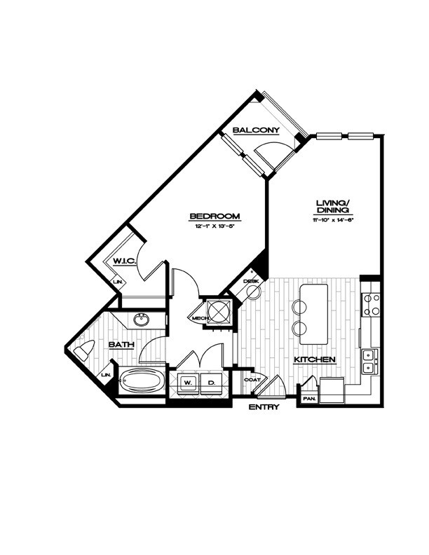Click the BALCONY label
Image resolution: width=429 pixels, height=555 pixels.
257,130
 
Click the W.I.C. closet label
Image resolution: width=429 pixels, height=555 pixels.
124,261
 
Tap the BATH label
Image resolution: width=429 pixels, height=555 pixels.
116,344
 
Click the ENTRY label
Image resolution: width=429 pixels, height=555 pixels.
264,406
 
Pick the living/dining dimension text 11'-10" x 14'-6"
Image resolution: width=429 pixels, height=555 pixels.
333,220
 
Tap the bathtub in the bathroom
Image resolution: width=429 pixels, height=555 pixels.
142,382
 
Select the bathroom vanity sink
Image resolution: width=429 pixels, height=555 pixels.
143,322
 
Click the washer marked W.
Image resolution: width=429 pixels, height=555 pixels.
186,383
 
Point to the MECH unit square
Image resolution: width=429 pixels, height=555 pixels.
219,310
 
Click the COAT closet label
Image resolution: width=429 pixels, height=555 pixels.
252,380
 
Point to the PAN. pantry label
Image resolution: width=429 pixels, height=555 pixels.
308,399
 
